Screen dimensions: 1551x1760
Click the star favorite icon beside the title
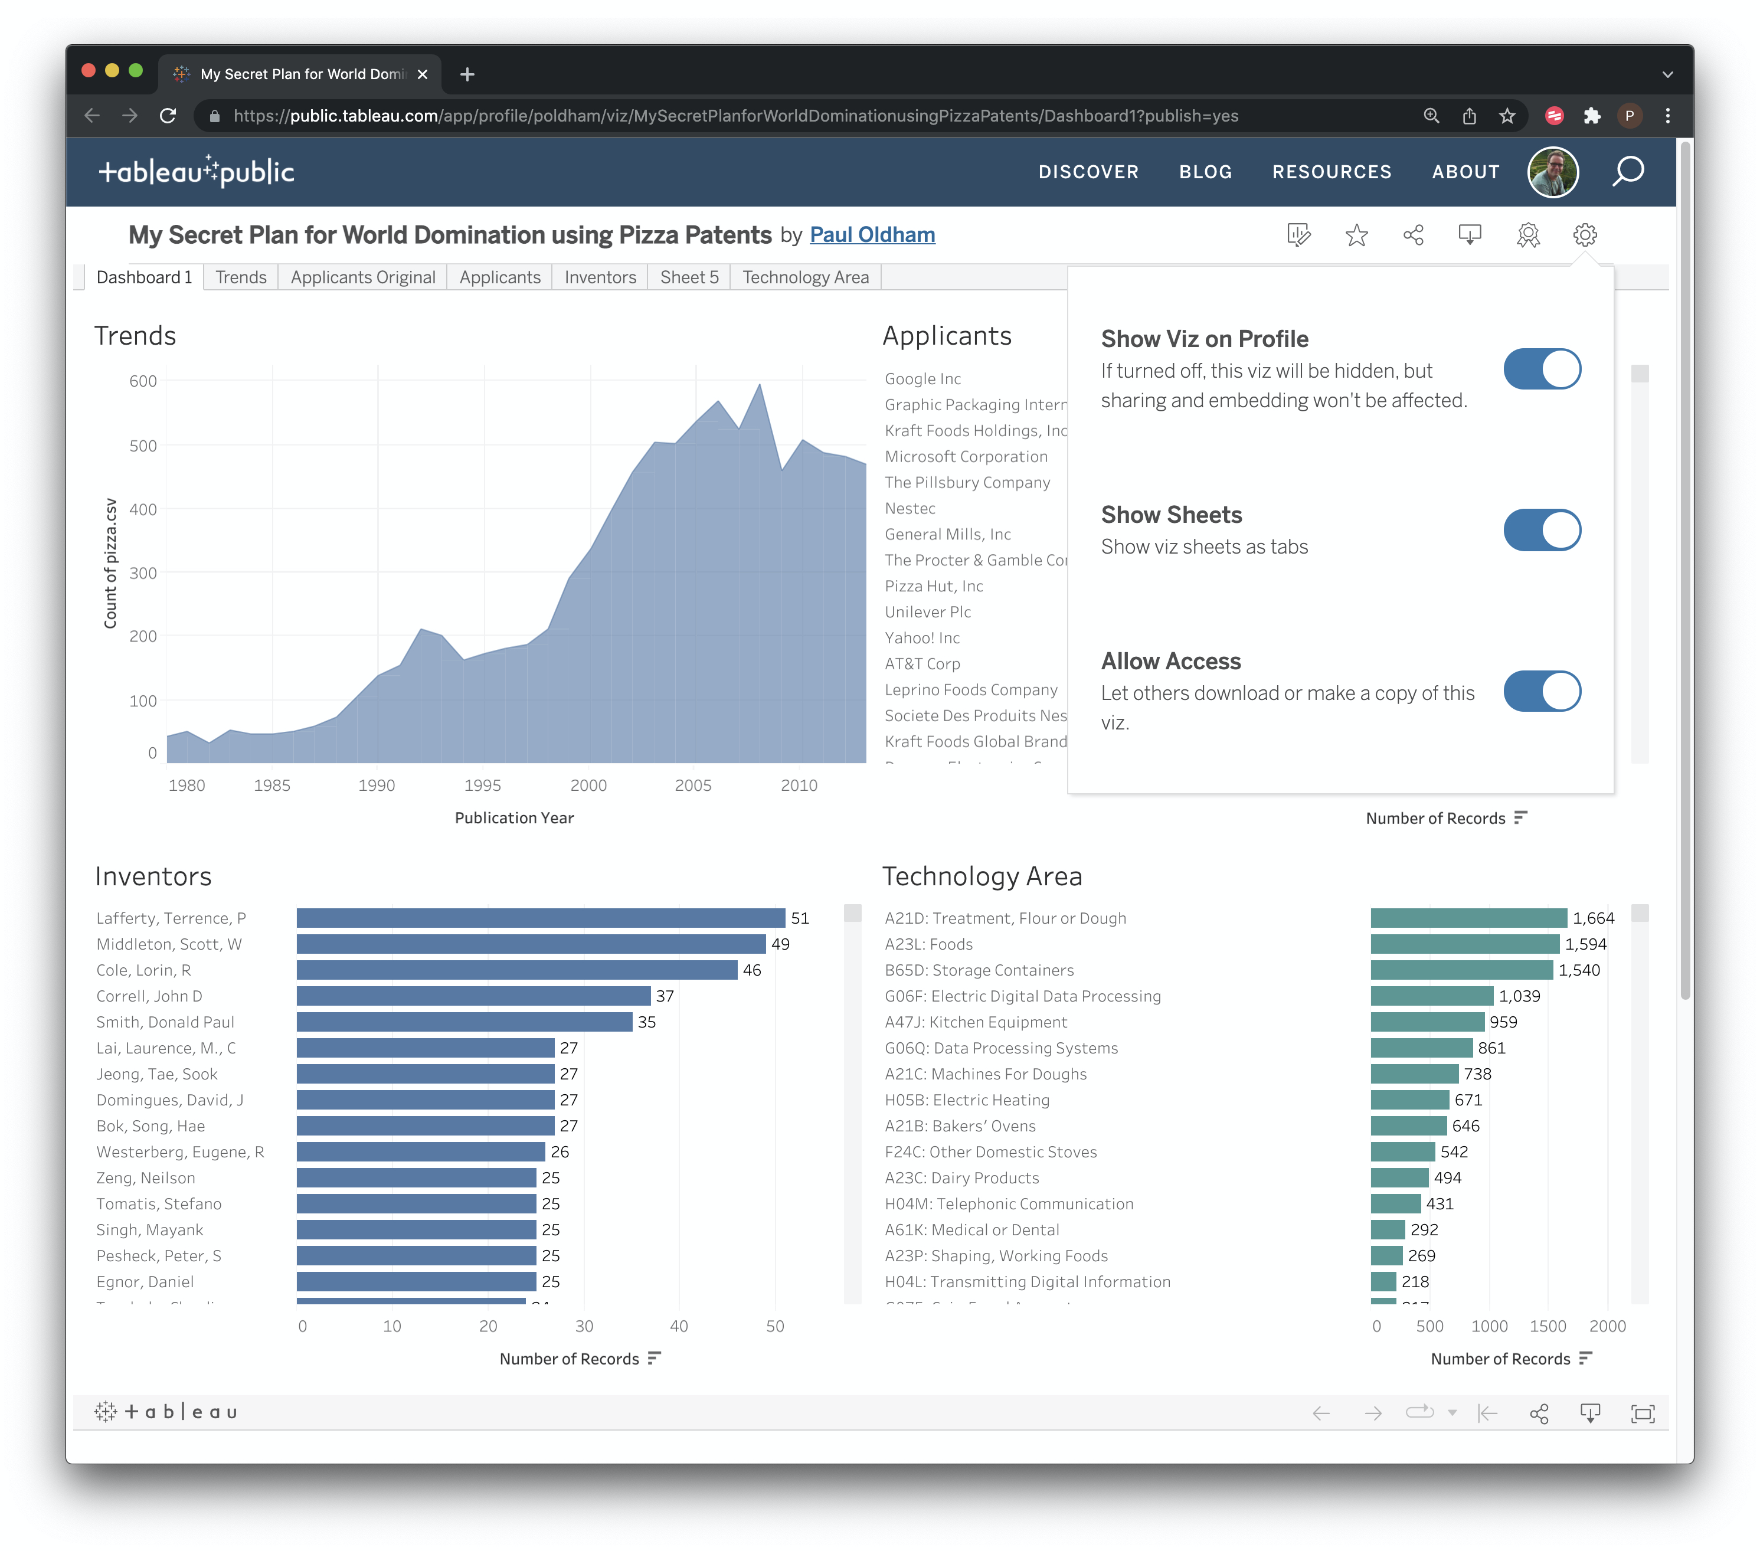pos(1356,235)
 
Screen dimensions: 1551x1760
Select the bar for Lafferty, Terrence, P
pos(540,918)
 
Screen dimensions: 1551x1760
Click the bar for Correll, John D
pos(473,996)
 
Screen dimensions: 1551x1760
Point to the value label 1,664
pos(1593,918)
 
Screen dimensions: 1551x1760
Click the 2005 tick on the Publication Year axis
pos(693,786)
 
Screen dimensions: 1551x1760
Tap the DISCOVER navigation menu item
pos(1088,172)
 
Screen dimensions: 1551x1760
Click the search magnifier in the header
pos(1627,172)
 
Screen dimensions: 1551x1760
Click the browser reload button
pos(168,116)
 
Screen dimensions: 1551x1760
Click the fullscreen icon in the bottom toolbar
pos(1642,1413)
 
